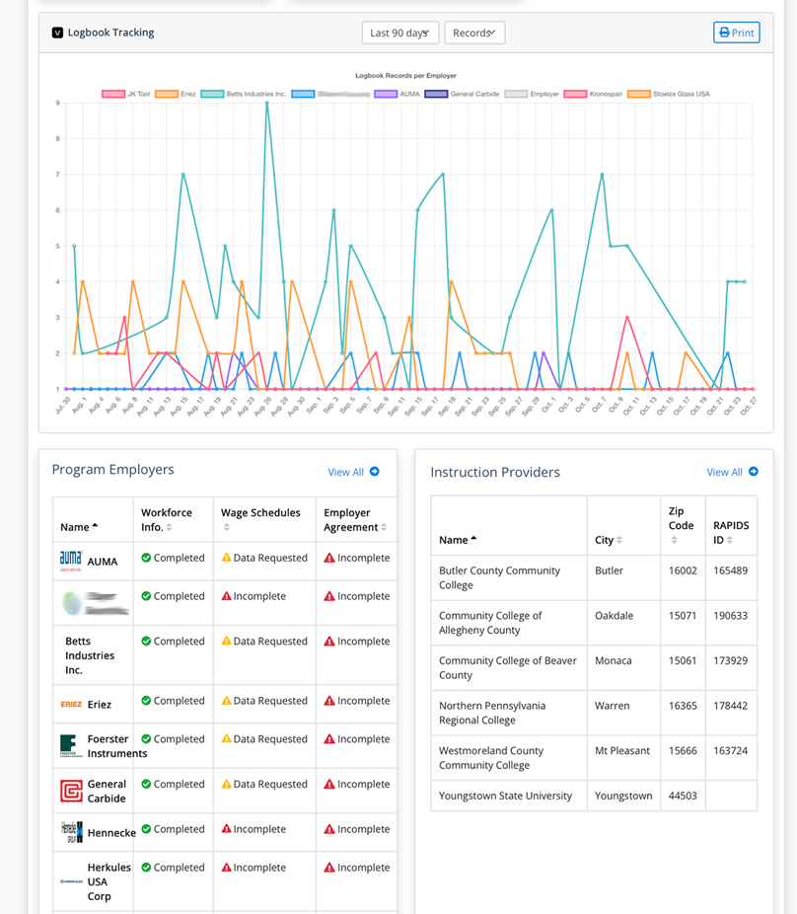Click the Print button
[736, 33]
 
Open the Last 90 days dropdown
[399, 33]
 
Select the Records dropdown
[473, 33]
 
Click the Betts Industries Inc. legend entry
[244, 94]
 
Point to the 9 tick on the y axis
[57, 103]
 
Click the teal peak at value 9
[266, 104]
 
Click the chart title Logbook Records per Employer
[405, 75]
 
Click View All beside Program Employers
[353, 472]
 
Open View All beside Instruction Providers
[732, 472]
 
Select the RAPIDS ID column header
[731, 532]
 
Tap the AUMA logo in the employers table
[71, 560]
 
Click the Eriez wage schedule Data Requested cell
[263, 701]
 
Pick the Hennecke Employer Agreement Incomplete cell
[356, 829]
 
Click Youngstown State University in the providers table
[505, 796]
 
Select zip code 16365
[681, 706]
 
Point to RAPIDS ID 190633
[731, 615]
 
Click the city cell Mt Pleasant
[622, 750]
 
